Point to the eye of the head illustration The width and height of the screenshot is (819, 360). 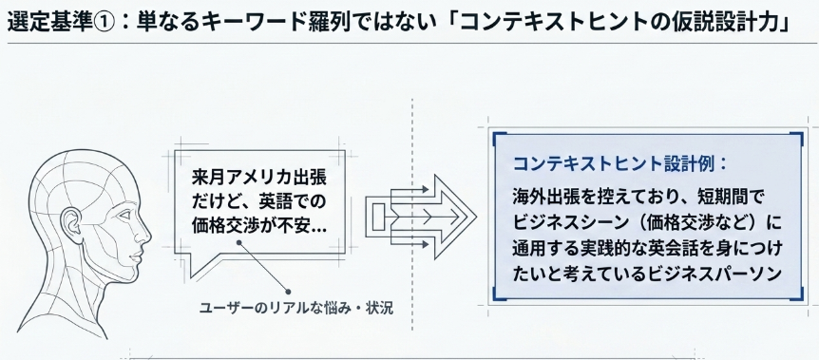point(128,216)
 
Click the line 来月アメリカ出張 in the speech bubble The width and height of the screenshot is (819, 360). point(259,178)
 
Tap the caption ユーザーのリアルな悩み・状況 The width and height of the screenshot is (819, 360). point(296,308)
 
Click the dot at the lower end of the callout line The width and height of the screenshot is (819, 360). point(288,292)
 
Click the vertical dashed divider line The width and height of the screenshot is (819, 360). point(412,215)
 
